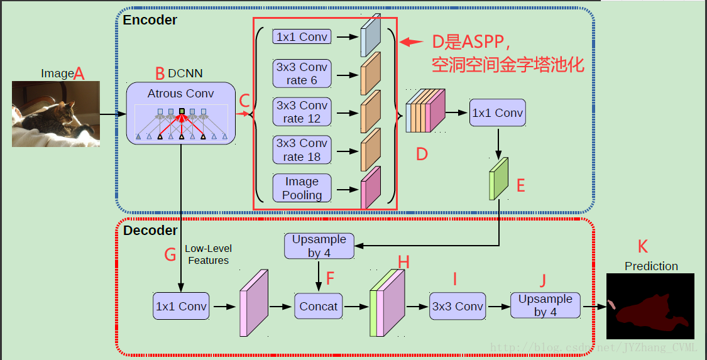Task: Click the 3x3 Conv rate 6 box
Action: point(302,74)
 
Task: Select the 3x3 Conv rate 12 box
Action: point(302,112)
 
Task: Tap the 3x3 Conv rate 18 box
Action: point(302,150)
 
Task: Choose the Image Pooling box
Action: point(302,188)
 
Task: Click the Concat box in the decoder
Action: point(319,307)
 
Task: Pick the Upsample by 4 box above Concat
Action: point(319,246)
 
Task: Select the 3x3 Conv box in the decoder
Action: point(458,307)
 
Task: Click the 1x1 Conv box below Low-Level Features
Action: point(180,307)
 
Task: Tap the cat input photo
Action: point(55,114)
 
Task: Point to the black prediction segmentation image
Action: point(650,306)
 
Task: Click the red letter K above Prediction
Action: point(642,246)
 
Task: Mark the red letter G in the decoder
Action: point(170,254)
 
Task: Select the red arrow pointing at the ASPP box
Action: point(412,42)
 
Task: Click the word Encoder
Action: point(150,19)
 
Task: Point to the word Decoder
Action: point(150,231)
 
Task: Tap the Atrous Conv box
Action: point(181,113)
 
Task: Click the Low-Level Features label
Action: point(208,254)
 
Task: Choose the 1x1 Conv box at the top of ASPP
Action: point(302,36)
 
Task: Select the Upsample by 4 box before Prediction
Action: point(545,305)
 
